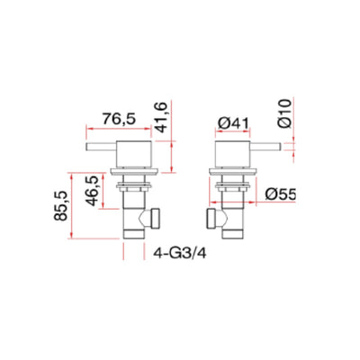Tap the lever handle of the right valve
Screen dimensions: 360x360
(258, 148)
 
